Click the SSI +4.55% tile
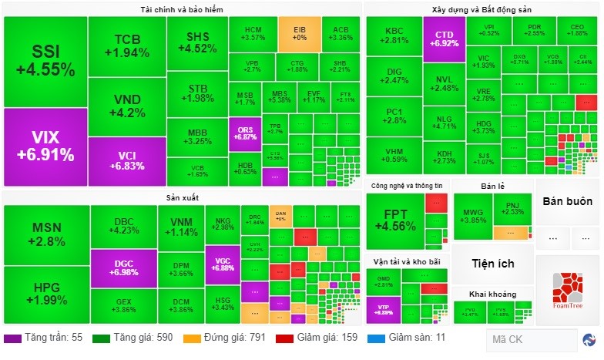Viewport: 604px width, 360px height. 45,61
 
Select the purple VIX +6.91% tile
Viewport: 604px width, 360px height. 45,146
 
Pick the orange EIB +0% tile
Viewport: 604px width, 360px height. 299,33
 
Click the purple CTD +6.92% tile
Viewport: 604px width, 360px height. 445,39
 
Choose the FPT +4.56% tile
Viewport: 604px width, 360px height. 394,220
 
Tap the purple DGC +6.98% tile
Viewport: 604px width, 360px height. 123,267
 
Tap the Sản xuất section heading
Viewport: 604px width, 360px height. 182,198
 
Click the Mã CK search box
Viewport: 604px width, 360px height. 531,339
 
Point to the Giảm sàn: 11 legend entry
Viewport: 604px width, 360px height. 412,338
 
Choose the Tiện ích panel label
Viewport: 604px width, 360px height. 493,264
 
